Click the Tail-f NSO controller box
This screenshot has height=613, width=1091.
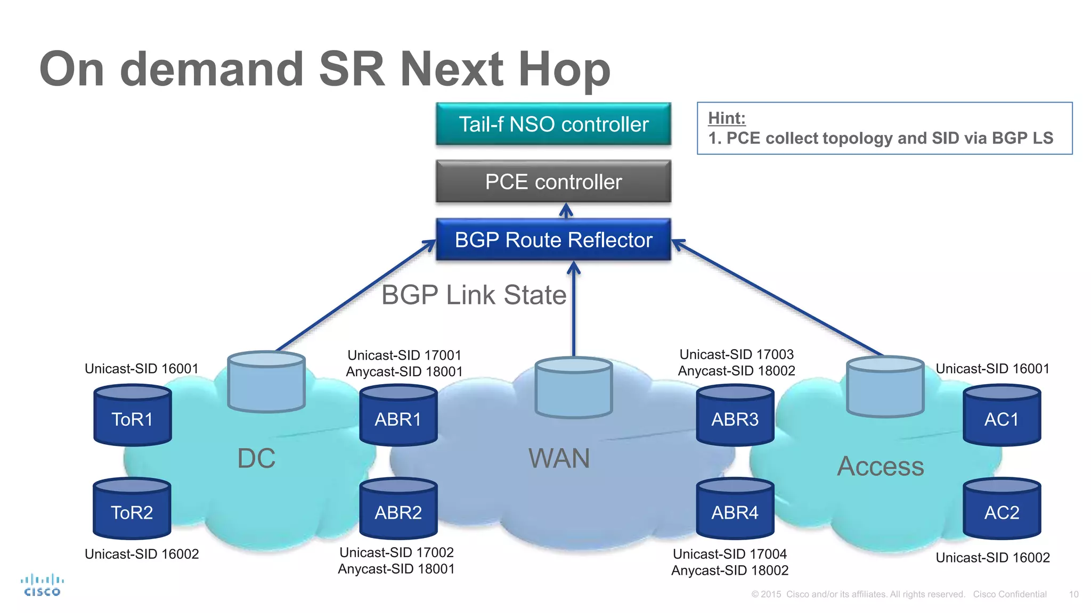coord(553,124)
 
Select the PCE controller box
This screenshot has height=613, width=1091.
coord(553,182)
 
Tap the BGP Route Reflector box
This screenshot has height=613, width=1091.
coord(553,240)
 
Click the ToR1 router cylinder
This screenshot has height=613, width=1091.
coord(132,416)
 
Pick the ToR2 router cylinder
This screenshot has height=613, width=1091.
coord(132,509)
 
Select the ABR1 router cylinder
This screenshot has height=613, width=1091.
coord(398,416)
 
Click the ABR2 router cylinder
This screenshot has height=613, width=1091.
coord(398,509)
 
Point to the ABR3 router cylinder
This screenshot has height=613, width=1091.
coord(735,416)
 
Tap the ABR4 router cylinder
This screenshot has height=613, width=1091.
coord(735,509)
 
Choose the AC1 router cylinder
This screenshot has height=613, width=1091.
coord(1002,416)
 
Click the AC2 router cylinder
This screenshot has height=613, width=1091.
coord(1002,509)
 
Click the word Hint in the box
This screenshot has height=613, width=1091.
coord(727,118)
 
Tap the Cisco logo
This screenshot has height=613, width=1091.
coord(42,585)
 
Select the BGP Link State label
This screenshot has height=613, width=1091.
coord(474,295)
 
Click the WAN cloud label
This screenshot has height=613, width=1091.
coord(559,458)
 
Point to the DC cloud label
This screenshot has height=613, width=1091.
coord(256,458)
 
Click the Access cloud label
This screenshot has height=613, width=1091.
coord(880,467)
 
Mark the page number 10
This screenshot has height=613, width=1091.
coord(1073,594)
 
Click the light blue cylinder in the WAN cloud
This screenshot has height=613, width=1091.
coord(574,388)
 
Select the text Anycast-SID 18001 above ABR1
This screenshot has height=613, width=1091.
coord(404,371)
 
